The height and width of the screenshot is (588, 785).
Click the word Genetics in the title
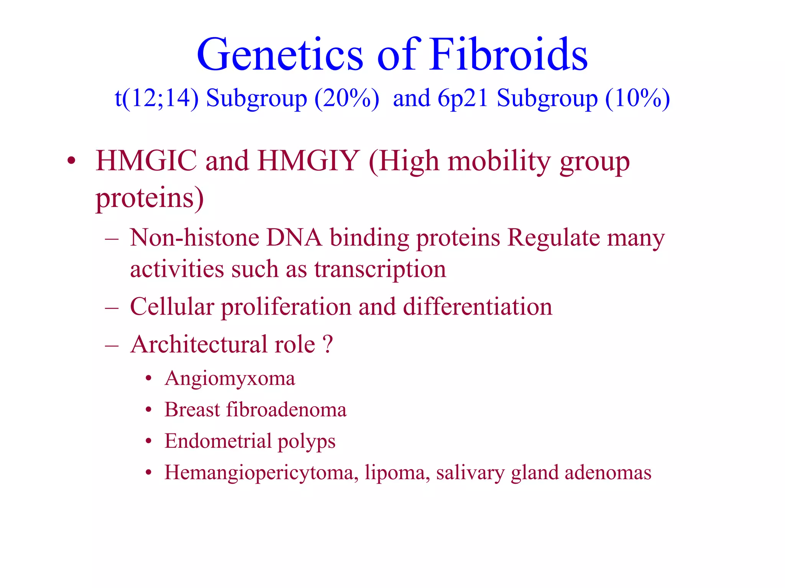[x=280, y=54]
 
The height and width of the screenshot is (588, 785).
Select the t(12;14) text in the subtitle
[x=157, y=98]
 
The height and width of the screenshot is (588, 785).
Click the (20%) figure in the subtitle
[x=347, y=98]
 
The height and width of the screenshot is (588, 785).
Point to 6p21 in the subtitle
[x=463, y=98]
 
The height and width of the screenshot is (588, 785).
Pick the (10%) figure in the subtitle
[x=637, y=98]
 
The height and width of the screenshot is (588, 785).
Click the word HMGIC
[x=146, y=161]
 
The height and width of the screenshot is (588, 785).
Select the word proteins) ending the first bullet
[x=149, y=198]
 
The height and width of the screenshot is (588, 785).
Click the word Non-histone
[x=194, y=238]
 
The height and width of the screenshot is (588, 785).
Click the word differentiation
[x=478, y=307]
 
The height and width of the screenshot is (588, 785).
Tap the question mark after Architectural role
[x=328, y=344]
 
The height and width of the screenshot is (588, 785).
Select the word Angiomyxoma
[x=230, y=379]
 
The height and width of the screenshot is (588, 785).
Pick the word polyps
[x=306, y=441]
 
